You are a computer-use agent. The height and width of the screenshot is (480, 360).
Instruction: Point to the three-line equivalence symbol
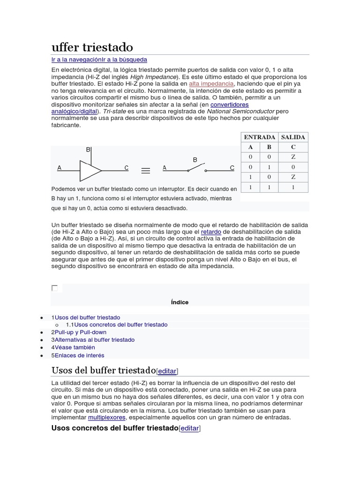tap(145, 171)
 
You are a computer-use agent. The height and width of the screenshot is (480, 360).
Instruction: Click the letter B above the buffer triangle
tap(88, 150)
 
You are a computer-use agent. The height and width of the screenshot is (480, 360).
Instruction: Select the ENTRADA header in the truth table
tap(259, 137)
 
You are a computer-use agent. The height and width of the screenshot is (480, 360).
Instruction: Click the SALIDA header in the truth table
tap(293, 137)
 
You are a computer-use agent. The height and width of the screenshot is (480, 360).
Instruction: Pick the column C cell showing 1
tap(293, 187)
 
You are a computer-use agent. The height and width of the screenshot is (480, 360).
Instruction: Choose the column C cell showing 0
tap(293, 167)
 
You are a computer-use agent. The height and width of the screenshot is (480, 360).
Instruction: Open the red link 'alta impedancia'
tap(211, 83)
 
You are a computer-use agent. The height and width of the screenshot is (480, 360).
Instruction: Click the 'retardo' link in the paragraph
tap(210, 232)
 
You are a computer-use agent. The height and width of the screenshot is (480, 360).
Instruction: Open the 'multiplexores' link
tap(107, 417)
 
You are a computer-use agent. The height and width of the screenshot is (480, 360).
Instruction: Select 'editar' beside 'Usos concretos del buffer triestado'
tap(189, 428)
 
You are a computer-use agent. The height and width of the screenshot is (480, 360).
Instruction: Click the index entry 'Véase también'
tap(75, 347)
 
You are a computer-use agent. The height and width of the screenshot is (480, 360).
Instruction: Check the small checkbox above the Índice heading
tap(55, 288)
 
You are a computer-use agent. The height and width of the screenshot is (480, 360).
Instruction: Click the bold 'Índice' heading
tap(180, 302)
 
